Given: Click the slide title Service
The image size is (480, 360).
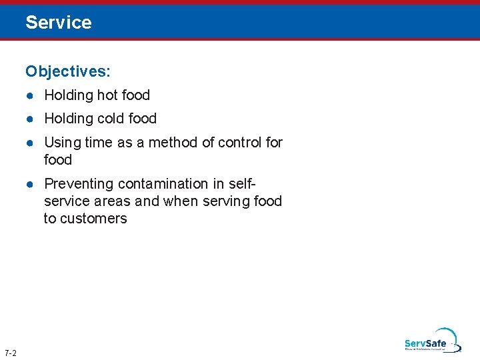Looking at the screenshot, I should tap(59, 23).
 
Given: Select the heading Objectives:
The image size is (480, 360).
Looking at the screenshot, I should tap(68, 71).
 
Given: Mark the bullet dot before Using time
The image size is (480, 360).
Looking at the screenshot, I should tap(31, 143).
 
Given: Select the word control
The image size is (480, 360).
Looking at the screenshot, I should tap(238, 143).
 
